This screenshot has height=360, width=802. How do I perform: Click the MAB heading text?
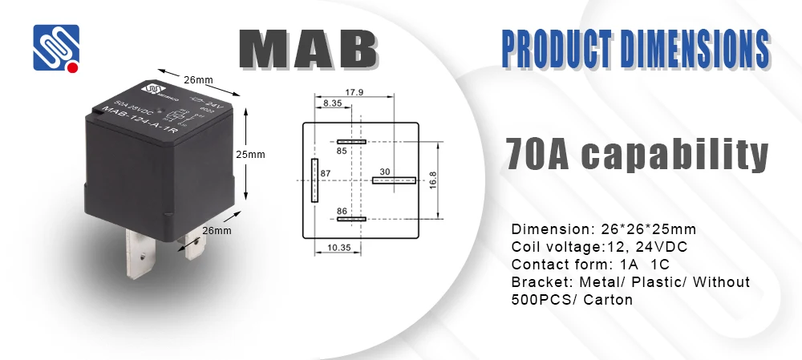tap(309, 50)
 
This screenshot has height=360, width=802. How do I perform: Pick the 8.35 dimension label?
tap(333, 103)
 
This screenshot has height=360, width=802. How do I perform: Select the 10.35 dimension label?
tap(340, 249)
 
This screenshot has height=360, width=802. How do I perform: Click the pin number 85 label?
tap(342, 151)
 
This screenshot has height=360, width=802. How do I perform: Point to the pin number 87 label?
tap(326, 173)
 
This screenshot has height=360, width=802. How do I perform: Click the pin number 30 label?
tap(385, 171)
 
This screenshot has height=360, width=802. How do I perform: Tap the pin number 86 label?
tap(342, 210)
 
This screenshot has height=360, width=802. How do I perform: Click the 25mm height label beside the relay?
tap(254, 154)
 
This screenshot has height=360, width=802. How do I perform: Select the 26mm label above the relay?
tap(197, 79)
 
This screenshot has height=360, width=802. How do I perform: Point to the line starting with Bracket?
tap(630, 281)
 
